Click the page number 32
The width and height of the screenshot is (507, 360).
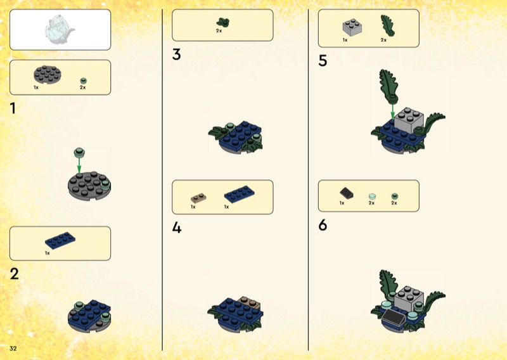click(13, 348)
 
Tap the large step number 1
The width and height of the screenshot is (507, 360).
click(13, 108)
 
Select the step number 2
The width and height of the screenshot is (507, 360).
click(15, 274)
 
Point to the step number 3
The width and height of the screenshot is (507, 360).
click(177, 55)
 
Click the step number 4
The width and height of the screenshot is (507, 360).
click(177, 228)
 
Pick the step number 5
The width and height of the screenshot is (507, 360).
click(323, 60)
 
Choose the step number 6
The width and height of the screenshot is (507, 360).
click(323, 225)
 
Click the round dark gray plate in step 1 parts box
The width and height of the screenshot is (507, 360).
click(47, 75)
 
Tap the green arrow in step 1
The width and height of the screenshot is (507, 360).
click(79, 165)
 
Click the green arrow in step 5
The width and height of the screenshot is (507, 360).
click(392, 112)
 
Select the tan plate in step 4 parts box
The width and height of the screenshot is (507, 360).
click(198, 198)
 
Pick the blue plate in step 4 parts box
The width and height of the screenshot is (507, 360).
click(240, 194)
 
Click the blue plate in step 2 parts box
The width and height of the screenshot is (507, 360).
click(60, 240)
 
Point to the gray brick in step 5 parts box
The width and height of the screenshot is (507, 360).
click(352, 27)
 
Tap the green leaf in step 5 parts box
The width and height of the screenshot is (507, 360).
click(387, 25)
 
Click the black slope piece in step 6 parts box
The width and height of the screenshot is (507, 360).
click(346, 193)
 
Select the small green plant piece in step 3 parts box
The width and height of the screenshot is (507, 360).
click(223, 22)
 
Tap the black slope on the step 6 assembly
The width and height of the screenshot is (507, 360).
click(393, 316)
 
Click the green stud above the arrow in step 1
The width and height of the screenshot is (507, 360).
click(79, 152)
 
